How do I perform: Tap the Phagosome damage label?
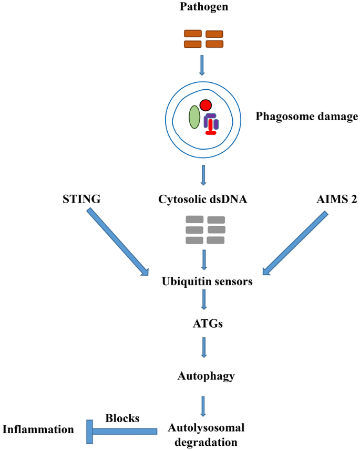[299, 116]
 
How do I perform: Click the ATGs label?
[204, 323]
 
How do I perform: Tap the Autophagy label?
[205, 376]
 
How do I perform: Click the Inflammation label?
[38, 429]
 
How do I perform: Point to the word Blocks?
[122, 418]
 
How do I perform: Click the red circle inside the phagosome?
[205, 105]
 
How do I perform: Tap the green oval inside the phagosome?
[194, 117]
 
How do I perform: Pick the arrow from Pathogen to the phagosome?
[203, 65]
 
